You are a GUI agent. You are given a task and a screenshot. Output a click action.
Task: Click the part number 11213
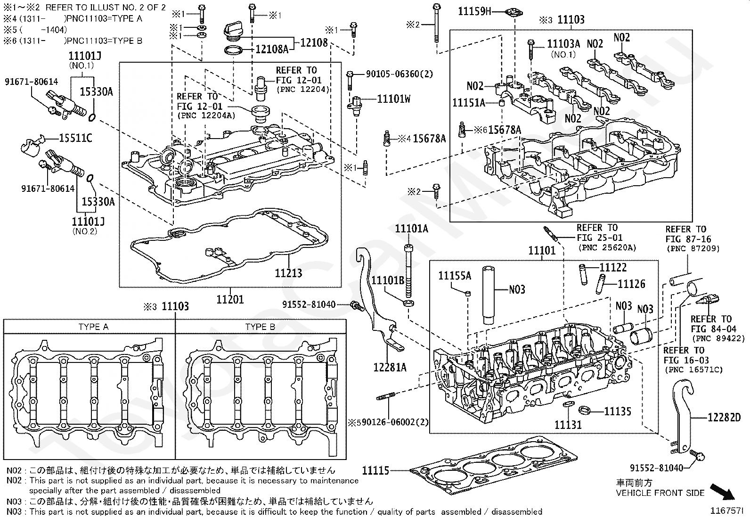288,273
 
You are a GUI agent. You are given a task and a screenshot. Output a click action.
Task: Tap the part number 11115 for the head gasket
375,471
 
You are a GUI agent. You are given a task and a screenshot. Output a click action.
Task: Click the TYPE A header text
93,327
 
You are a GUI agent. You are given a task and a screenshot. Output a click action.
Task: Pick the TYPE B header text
260,327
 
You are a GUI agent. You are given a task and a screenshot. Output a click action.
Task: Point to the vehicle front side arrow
722,492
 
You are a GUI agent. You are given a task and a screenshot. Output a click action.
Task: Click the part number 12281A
390,368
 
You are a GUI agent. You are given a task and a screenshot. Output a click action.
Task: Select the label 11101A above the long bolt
411,229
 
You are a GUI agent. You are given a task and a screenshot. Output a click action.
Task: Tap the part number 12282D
724,418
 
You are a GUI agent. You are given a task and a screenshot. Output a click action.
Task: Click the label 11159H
474,11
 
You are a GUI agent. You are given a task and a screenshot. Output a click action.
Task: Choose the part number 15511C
75,138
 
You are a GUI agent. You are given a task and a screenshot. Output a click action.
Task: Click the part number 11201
230,299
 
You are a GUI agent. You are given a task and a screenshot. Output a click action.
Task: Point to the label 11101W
394,99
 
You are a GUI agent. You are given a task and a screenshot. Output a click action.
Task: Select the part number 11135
618,411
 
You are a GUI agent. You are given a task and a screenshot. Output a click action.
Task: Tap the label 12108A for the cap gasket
272,49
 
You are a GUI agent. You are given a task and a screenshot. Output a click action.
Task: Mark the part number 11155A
455,276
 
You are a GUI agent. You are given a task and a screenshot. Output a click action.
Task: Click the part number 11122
613,267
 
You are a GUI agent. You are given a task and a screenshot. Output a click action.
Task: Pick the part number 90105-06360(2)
399,74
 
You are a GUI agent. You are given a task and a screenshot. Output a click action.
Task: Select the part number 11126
631,284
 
